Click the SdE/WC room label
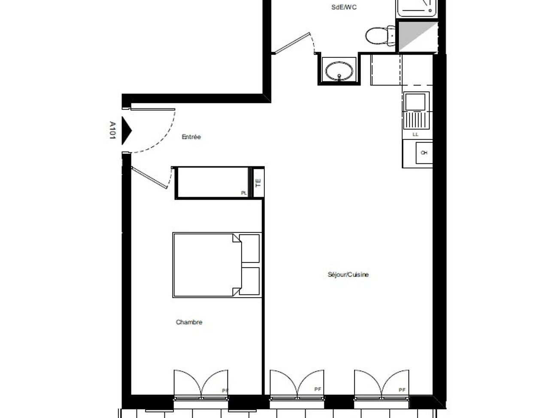(x=344, y=7)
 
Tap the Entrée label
(x=191, y=137)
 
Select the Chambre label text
(x=189, y=322)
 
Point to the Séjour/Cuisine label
(x=348, y=274)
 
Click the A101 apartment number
(x=112, y=130)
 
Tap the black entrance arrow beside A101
(x=126, y=130)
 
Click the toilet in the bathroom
(x=380, y=36)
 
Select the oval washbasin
(x=339, y=70)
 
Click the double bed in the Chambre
(x=217, y=265)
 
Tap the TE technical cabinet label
(x=258, y=183)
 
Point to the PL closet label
(x=244, y=193)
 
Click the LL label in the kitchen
(x=415, y=134)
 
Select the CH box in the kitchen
(x=424, y=153)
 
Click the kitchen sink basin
(x=415, y=102)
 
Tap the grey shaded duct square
(x=418, y=37)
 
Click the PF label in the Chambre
(x=225, y=391)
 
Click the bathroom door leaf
(x=292, y=43)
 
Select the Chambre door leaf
(x=149, y=177)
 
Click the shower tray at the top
(x=417, y=9)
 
